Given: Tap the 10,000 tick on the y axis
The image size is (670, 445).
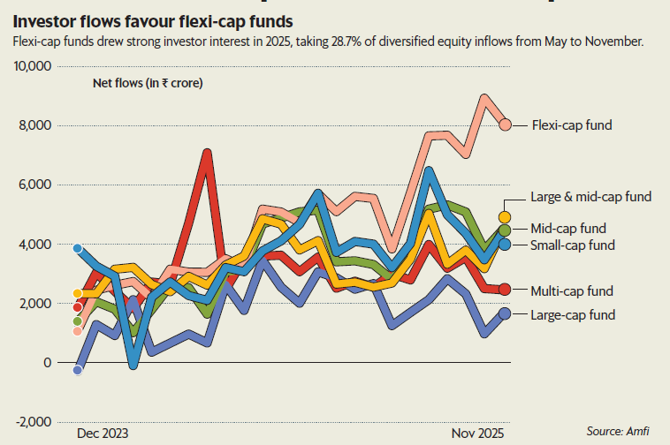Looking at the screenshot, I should click(32, 67).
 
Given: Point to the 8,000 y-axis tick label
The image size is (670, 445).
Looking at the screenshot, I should click(35, 126).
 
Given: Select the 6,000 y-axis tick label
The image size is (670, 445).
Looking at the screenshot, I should click(35, 185).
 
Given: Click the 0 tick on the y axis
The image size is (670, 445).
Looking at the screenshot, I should click(47, 363).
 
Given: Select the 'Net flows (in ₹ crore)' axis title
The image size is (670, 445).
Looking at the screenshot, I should click(148, 85).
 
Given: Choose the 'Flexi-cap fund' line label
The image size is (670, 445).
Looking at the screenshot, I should click(572, 125).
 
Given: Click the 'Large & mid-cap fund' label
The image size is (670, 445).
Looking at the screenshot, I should click(590, 197).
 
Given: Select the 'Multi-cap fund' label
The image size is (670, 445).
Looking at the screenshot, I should click(570, 290).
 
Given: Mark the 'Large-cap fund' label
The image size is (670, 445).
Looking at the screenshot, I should click(572, 314).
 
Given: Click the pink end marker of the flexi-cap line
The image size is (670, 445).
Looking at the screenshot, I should click(506, 124).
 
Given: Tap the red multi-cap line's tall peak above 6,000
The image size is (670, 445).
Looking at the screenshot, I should click(207, 153).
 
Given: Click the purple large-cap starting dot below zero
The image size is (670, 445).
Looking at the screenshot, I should click(78, 370).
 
